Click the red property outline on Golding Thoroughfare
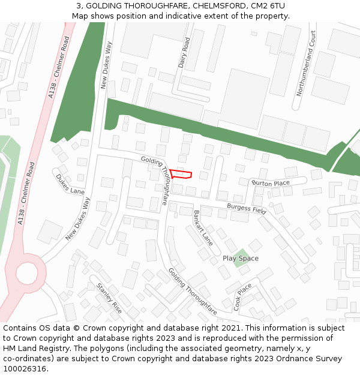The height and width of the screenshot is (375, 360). click(181, 174)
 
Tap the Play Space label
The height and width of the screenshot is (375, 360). click(241, 259)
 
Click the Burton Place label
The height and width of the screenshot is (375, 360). click(271, 183)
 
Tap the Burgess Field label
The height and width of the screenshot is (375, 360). click(246, 209)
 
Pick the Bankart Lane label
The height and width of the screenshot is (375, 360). click(203, 228)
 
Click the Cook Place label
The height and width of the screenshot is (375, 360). click(243, 296)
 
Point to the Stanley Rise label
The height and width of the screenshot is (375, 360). click(109, 298)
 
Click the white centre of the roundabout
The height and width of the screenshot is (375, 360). click(26, 273)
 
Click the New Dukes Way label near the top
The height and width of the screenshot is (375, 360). click(106, 65)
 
